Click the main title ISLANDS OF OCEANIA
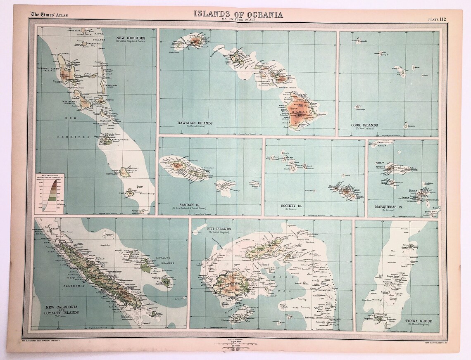click(x=238, y=14)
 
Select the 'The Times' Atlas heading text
click(x=48, y=16)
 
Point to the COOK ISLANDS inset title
click(x=364, y=126)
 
